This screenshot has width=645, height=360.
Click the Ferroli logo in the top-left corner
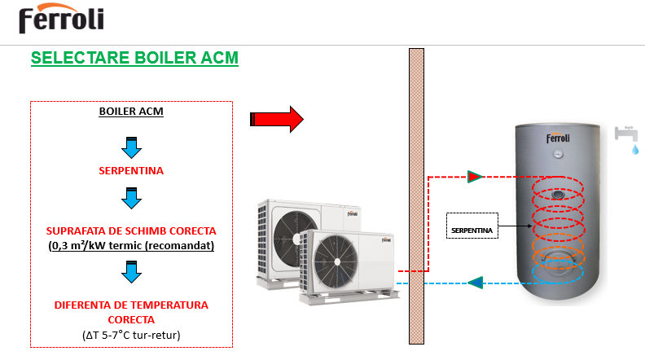pyautogui.click(x=60, y=20)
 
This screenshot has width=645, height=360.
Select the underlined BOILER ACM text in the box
pyautogui.click(x=131, y=111)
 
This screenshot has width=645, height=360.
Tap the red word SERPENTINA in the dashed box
pyautogui.click(x=131, y=171)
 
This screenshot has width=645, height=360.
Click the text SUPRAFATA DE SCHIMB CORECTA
pyautogui.click(x=131, y=230)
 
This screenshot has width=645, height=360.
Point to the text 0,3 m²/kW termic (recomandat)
pyautogui.click(x=131, y=245)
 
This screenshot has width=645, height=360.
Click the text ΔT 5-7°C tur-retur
pyautogui.click(x=131, y=334)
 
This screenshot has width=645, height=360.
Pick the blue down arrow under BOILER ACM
pyautogui.click(x=131, y=147)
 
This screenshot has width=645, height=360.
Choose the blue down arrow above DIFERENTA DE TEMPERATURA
pyautogui.click(x=131, y=273)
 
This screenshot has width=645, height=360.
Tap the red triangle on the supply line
pyautogui.click(x=475, y=176)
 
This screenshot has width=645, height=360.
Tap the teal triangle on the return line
pyautogui.click(x=476, y=283)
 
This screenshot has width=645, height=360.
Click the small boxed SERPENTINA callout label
pyautogui.click(x=472, y=231)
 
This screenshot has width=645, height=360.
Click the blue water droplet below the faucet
pyautogui.click(x=635, y=151)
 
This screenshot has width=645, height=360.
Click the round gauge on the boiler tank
pyautogui.click(x=558, y=153)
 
